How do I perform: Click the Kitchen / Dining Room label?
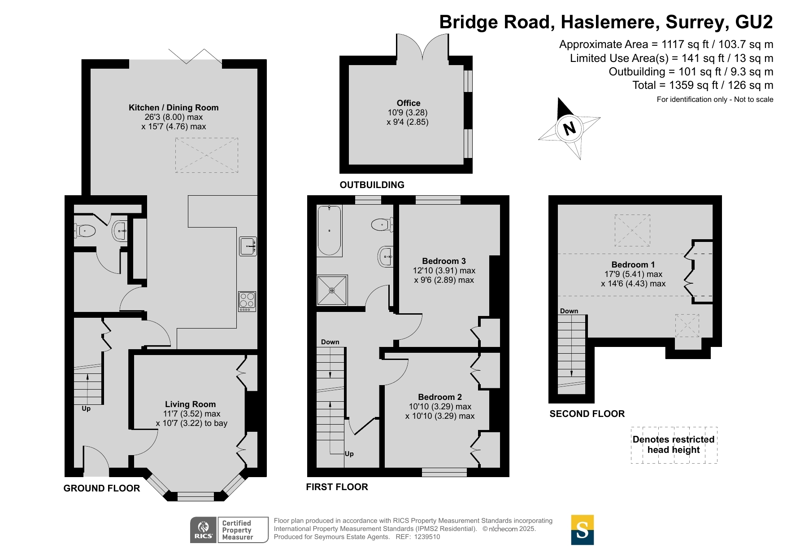[x=174, y=108]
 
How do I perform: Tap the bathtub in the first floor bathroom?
[x=330, y=230]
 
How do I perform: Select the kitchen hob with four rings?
[x=247, y=302]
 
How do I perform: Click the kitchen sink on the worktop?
[x=248, y=246]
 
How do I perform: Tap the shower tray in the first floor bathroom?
[x=332, y=290]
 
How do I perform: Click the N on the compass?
[x=569, y=128]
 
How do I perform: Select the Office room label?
[x=409, y=103]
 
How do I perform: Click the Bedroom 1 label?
[x=633, y=265]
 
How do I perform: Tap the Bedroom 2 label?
[x=440, y=397]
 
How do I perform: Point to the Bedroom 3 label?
[x=444, y=261]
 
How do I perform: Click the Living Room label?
[x=190, y=404]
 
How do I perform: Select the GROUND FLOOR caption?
[x=102, y=488]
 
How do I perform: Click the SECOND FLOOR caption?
[x=587, y=414]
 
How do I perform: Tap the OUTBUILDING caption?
[x=372, y=185]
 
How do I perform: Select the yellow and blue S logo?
[x=582, y=530]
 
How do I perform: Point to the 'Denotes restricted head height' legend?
[x=674, y=445]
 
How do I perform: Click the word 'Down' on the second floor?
[x=569, y=311]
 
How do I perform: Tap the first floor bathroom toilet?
[x=383, y=224]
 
